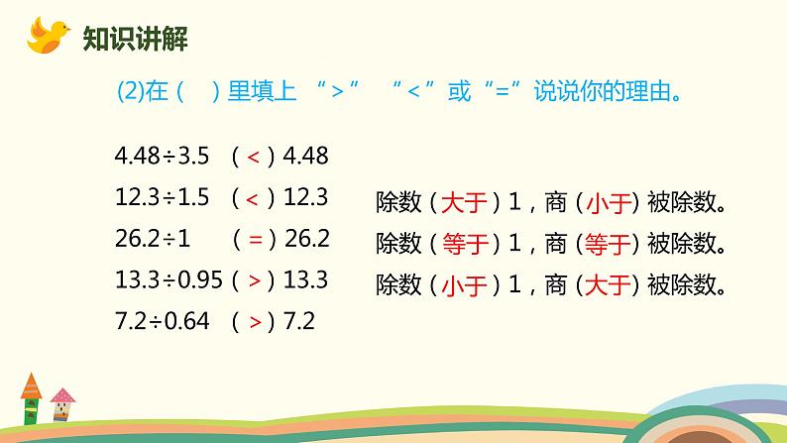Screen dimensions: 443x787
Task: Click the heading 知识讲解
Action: (135, 40)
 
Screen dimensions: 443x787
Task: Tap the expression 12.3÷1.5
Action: (162, 197)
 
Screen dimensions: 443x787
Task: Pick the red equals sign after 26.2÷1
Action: (254, 239)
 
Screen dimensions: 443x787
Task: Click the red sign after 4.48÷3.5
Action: (254, 156)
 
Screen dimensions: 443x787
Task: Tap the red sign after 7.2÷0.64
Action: (254, 322)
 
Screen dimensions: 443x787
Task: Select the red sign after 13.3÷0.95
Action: (254, 280)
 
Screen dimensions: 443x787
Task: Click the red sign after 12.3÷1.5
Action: (254, 197)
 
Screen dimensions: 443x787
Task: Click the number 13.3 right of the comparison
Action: (305, 280)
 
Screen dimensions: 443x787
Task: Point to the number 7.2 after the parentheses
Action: (298, 322)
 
